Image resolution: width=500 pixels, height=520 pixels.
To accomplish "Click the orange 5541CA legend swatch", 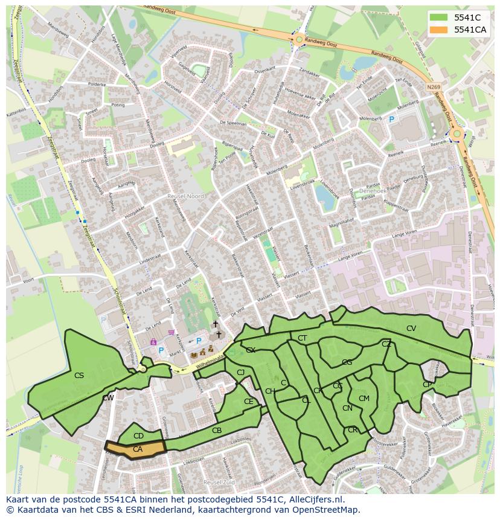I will tap(439, 30).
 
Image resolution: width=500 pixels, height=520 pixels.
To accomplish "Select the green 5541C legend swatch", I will tap(439, 18).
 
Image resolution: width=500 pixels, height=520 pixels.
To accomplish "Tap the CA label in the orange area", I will tap(138, 449).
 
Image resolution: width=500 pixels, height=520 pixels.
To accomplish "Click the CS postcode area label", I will tap(79, 376).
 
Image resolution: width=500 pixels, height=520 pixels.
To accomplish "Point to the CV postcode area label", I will tap(411, 329).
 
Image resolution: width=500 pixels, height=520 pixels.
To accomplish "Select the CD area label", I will tap(138, 436).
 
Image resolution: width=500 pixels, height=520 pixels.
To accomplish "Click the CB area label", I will tap(217, 431).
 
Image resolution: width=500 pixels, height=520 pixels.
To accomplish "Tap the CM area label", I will tap(364, 399).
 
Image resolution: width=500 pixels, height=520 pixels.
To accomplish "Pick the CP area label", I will tap(428, 385).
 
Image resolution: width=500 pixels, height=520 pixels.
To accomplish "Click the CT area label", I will tap(303, 338).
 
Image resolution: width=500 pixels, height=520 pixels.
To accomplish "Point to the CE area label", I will tap(249, 401).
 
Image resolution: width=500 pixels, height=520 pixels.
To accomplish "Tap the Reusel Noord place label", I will tap(186, 196).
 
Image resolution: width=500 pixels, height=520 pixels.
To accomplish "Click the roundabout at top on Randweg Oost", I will tap(299, 40).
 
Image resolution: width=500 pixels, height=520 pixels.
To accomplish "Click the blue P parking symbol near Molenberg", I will tap(391, 120).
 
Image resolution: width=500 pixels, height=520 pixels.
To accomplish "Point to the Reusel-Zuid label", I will tap(218, 483).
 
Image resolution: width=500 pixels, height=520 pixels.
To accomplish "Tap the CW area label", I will tap(108, 398).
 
